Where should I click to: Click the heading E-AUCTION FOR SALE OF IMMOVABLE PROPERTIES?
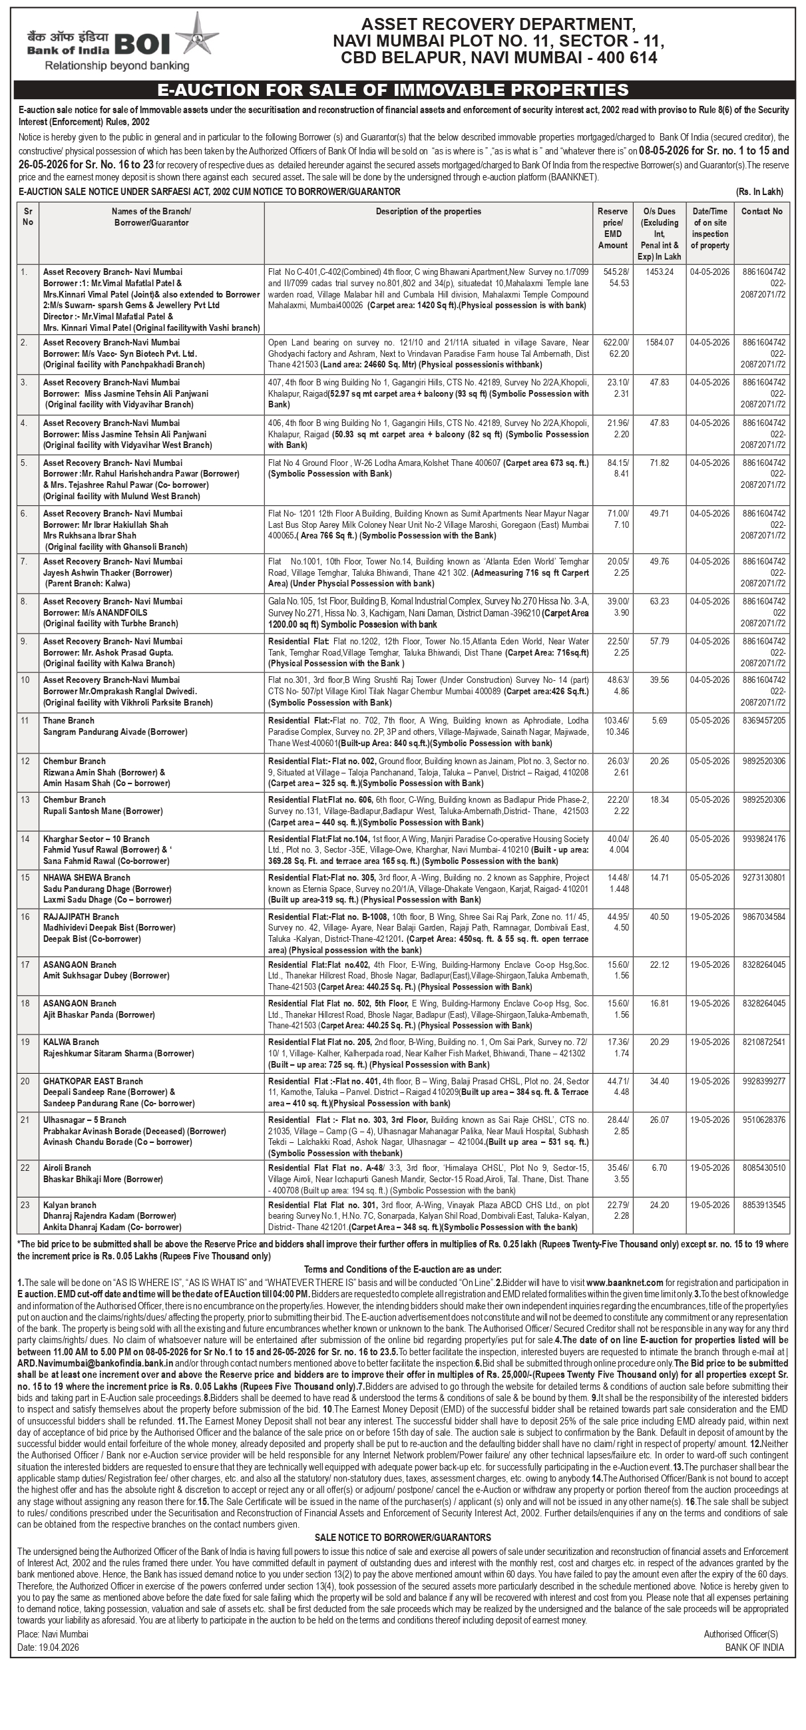click(393, 90)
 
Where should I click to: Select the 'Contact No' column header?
click(761, 212)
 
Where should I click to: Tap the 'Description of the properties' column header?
click(429, 212)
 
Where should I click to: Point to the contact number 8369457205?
click(764, 721)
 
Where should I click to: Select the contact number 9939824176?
click(764, 839)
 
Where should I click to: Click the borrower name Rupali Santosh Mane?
click(93, 811)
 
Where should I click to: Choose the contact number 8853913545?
click(764, 1205)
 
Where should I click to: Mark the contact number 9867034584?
click(764, 917)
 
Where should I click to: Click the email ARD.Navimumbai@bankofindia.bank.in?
click(95, 1363)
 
